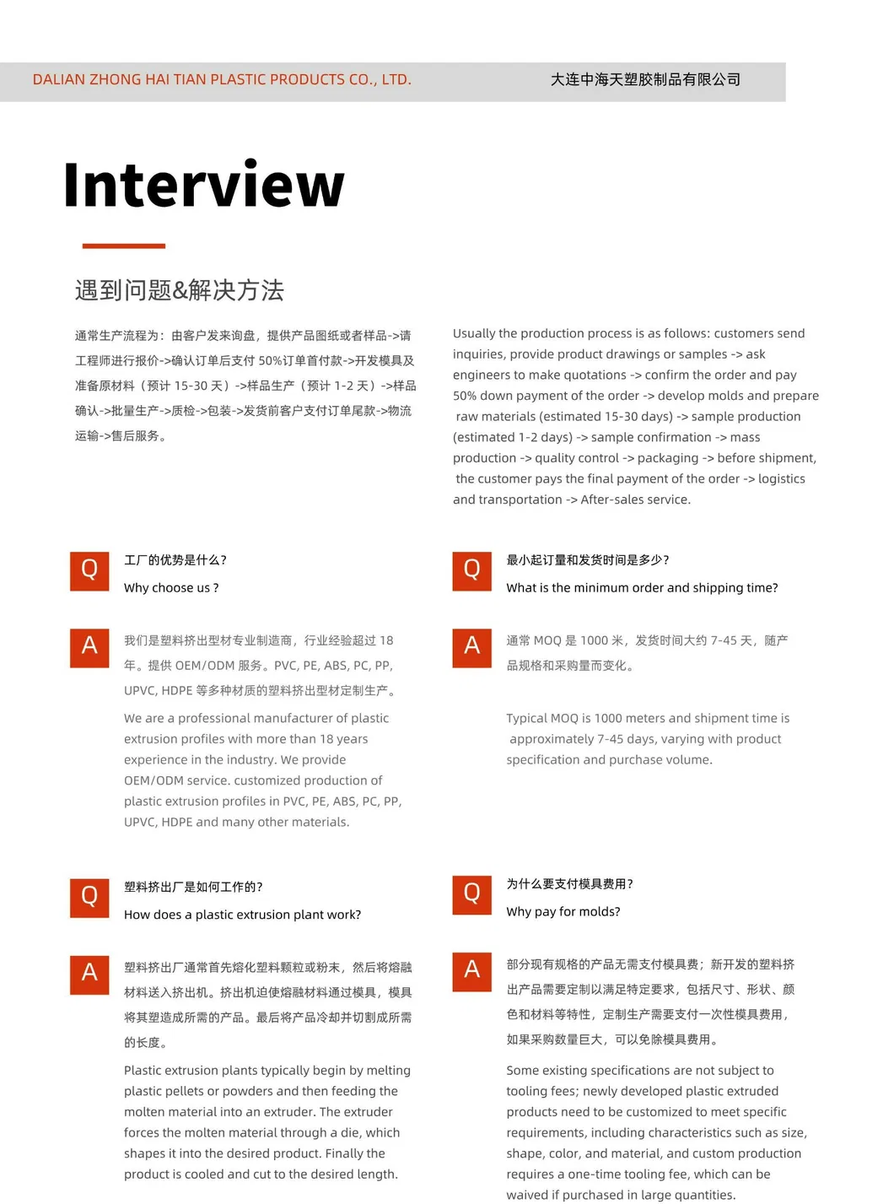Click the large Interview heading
(x=203, y=185)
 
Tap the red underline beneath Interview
(x=123, y=246)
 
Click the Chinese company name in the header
(x=645, y=79)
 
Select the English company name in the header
(x=222, y=80)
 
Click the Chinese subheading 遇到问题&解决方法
(x=179, y=290)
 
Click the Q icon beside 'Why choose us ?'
(x=89, y=570)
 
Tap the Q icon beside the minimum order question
(x=471, y=570)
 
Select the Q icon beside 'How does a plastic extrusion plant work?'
(x=89, y=897)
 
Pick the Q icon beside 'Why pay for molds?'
(x=471, y=894)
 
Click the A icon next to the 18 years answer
(x=89, y=647)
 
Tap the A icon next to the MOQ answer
(x=471, y=647)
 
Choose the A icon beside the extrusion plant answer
(x=89, y=974)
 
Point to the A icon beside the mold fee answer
(x=471, y=970)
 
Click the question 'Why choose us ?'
(x=171, y=588)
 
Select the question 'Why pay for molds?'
(x=563, y=912)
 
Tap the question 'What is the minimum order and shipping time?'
(x=642, y=588)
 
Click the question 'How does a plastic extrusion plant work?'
(x=242, y=915)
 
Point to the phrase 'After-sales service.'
(x=635, y=499)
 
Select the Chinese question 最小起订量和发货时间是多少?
(x=587, y=560)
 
